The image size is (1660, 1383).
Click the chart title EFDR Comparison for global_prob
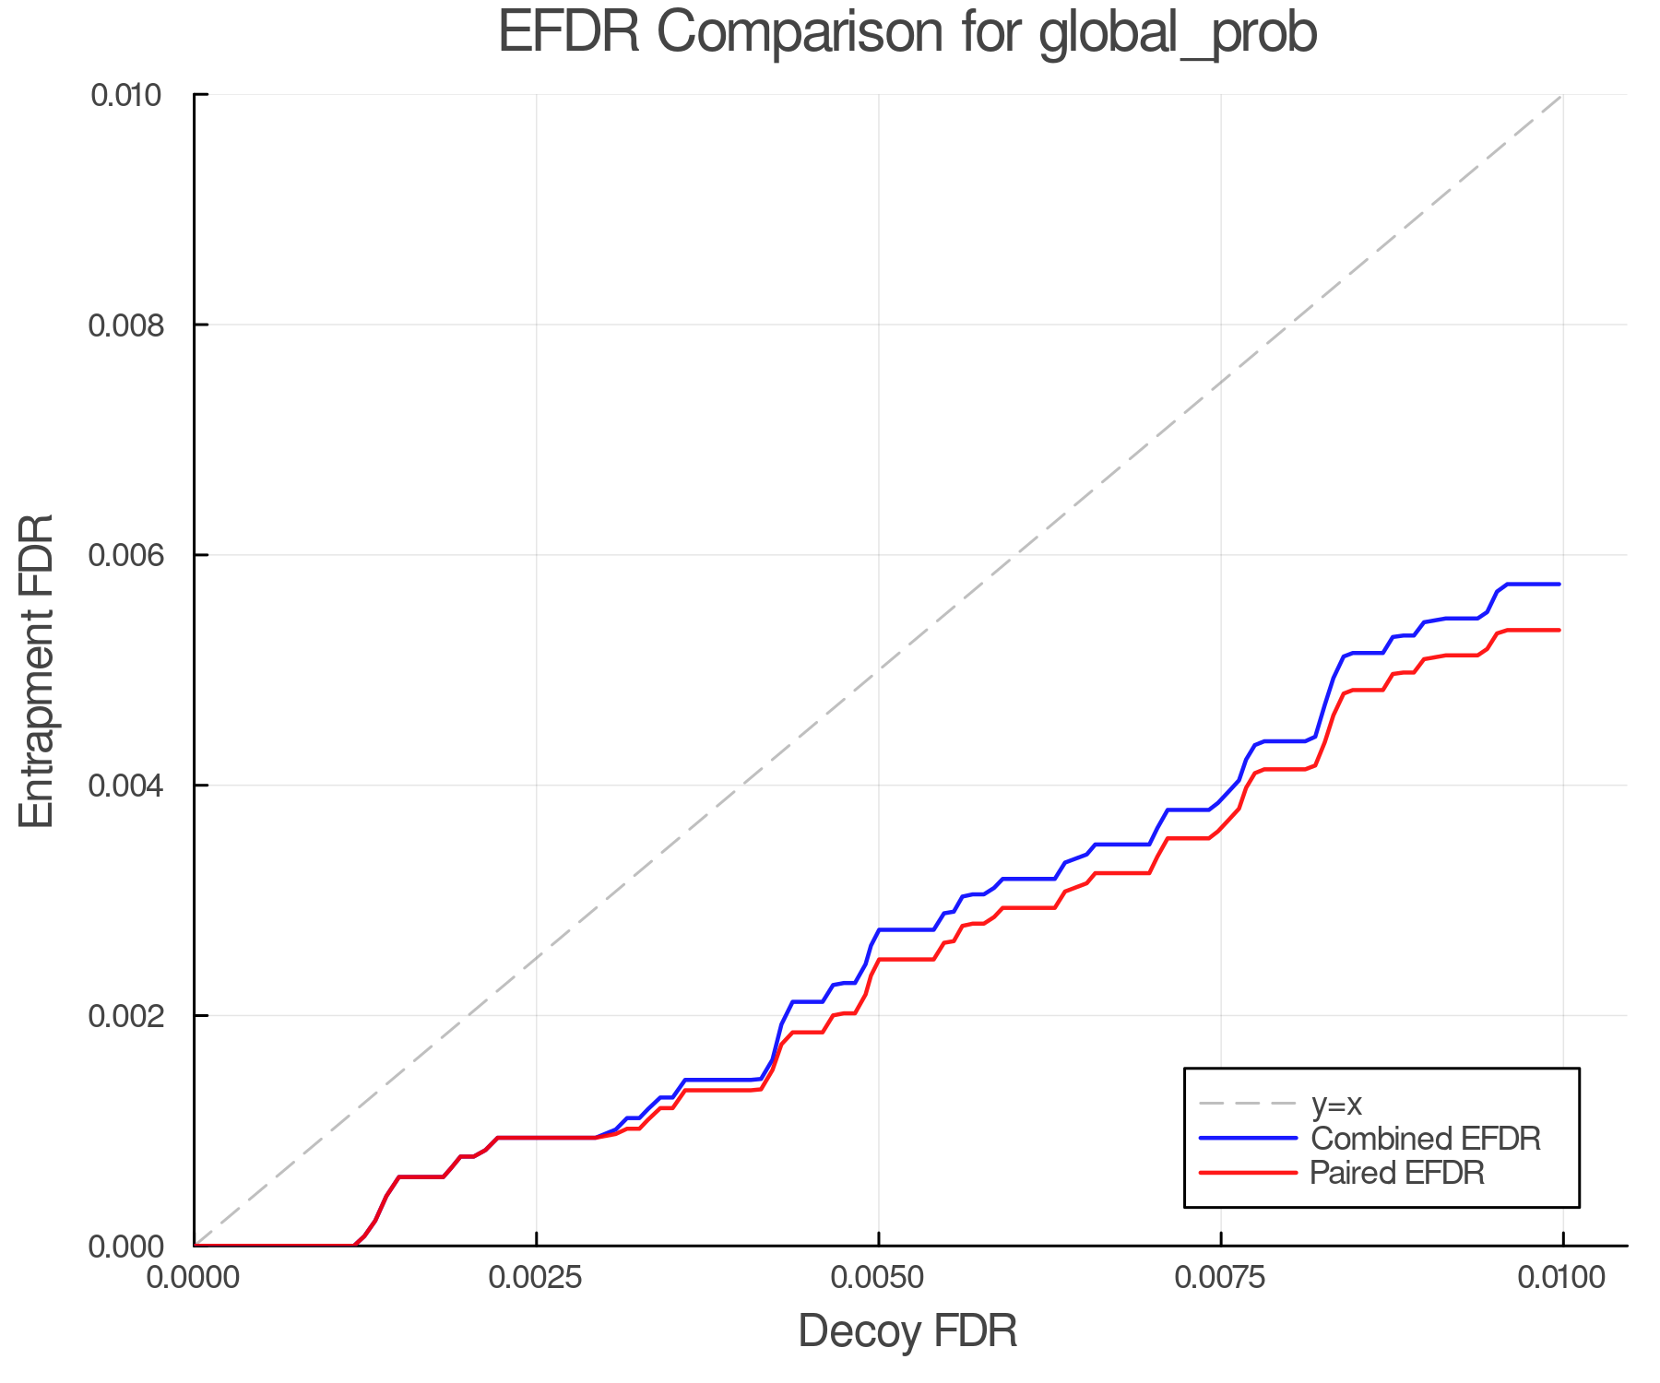907,33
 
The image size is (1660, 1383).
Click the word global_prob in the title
1178,33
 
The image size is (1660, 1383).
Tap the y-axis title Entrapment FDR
37,671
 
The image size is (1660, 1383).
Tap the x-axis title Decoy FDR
907,1331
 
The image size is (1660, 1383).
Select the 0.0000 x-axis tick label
194,1278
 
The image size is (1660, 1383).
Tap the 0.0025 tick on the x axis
536,1278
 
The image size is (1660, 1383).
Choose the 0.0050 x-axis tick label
878,1278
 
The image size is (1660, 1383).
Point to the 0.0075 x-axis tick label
1220,1278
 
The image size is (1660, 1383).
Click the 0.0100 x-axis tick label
1562,1278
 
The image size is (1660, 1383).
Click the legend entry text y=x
1336,1104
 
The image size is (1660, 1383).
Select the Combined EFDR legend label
1425,1139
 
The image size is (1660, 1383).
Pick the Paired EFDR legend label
1397,1173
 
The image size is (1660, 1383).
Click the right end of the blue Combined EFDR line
1559,585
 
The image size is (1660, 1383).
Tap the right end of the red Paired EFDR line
1559,631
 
